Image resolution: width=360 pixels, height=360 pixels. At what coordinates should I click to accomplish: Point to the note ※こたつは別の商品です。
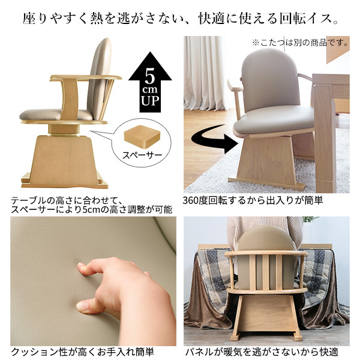300,43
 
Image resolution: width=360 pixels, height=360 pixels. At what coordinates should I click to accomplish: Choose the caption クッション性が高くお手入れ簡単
82,352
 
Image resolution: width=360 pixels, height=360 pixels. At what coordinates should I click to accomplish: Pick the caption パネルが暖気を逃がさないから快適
261,352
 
